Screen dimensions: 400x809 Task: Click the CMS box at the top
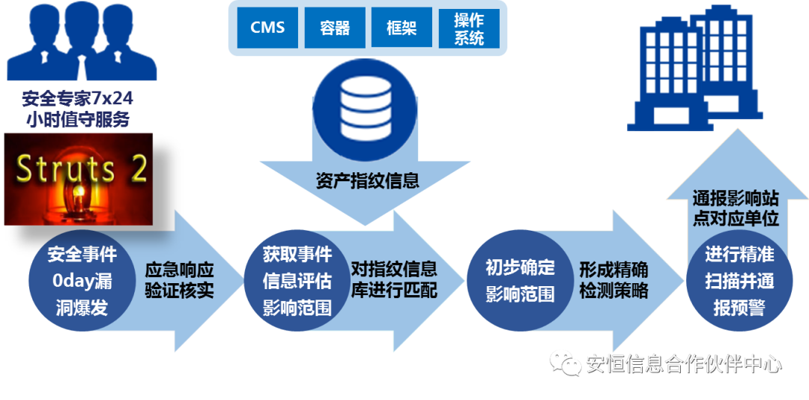tap(267, 28)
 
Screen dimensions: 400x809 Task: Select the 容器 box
tap(334, 28)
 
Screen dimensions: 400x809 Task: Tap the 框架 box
tap(402, 28)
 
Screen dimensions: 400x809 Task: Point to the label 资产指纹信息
tap(367, 181)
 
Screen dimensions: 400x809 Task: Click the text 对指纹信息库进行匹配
tap(394, 279)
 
